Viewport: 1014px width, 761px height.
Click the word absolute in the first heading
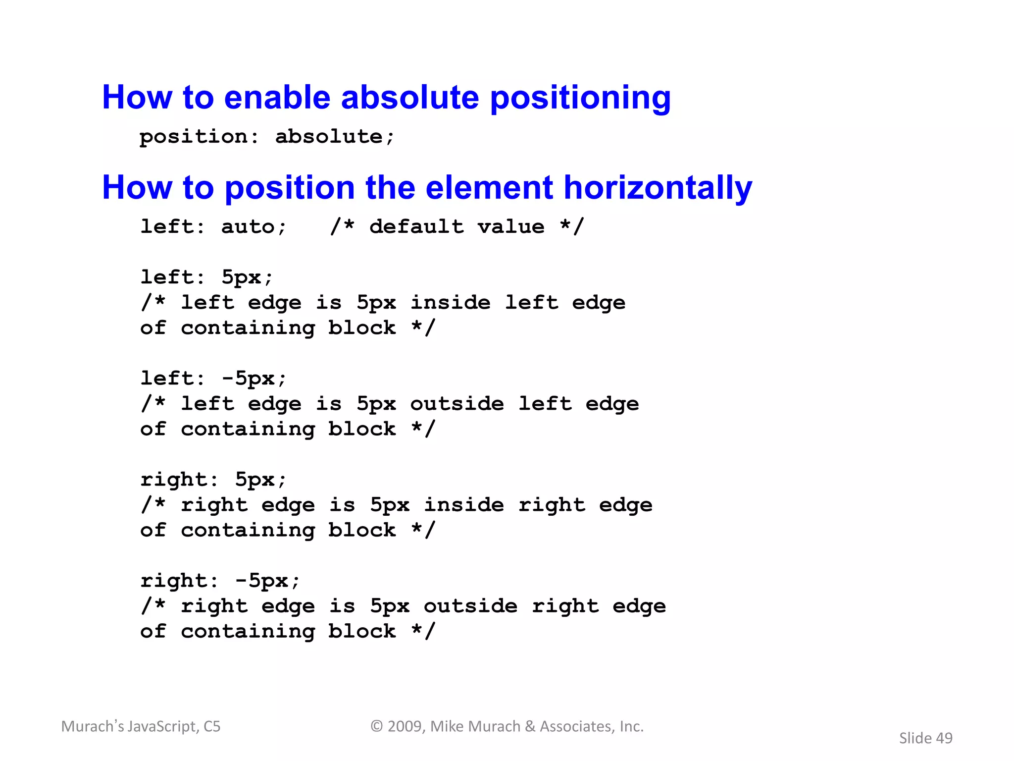[410, 97]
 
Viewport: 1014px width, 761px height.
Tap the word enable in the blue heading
[277, 97]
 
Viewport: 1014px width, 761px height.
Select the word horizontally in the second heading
[658, 188]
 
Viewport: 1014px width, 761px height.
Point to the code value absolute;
[335, 137]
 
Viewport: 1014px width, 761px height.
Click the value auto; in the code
[253, 227]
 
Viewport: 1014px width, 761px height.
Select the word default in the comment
[417, 227]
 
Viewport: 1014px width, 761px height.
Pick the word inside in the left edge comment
[451, 303]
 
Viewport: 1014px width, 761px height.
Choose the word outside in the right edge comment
[470, 606]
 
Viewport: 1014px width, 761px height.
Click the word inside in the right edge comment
[464, 505]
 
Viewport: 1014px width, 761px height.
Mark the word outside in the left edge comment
[457, 404]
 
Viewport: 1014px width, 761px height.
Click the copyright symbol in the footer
[377, 726]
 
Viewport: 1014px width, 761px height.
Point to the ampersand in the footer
[530, 726]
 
